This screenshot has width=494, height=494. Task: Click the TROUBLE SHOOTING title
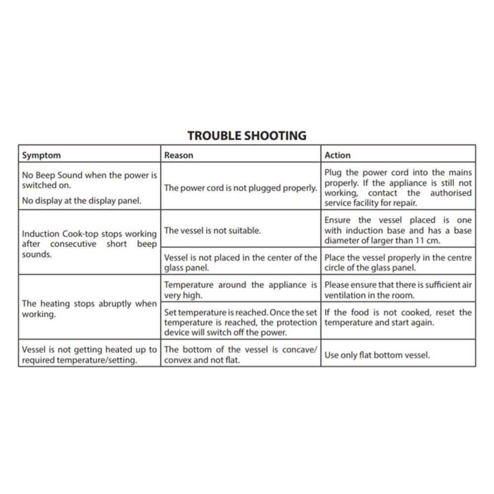247,135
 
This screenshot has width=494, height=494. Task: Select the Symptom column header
41,155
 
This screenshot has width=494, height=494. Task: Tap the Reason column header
179,155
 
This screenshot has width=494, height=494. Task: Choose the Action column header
337,155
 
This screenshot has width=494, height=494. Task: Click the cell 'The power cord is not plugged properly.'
240,188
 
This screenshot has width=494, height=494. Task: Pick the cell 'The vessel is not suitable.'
212,230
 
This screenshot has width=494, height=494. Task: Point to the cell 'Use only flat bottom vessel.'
377,355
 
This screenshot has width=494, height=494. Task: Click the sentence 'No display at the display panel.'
82,201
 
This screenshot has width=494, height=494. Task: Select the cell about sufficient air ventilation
398,290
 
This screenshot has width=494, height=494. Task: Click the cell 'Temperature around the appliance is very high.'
240,290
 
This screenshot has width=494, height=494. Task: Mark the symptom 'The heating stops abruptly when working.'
89,309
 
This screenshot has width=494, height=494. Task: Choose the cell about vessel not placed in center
240,262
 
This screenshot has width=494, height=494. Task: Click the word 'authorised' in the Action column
451,193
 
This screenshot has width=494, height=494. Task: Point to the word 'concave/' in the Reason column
299,350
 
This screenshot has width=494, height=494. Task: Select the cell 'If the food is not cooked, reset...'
398,318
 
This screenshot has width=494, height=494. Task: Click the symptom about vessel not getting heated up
89,355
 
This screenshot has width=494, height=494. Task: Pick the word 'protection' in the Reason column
296,323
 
